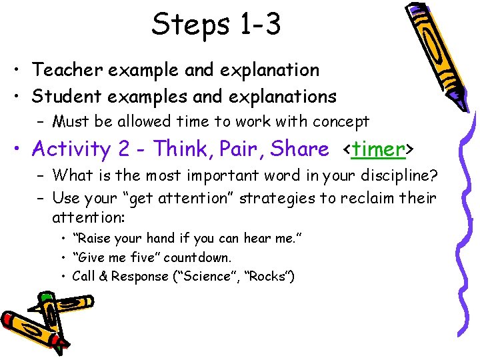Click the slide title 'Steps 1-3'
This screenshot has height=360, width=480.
(x=216, y=25)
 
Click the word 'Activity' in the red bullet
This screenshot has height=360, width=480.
(x=71, y=149)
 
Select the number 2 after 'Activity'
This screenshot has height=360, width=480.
(x=123, y=149)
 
